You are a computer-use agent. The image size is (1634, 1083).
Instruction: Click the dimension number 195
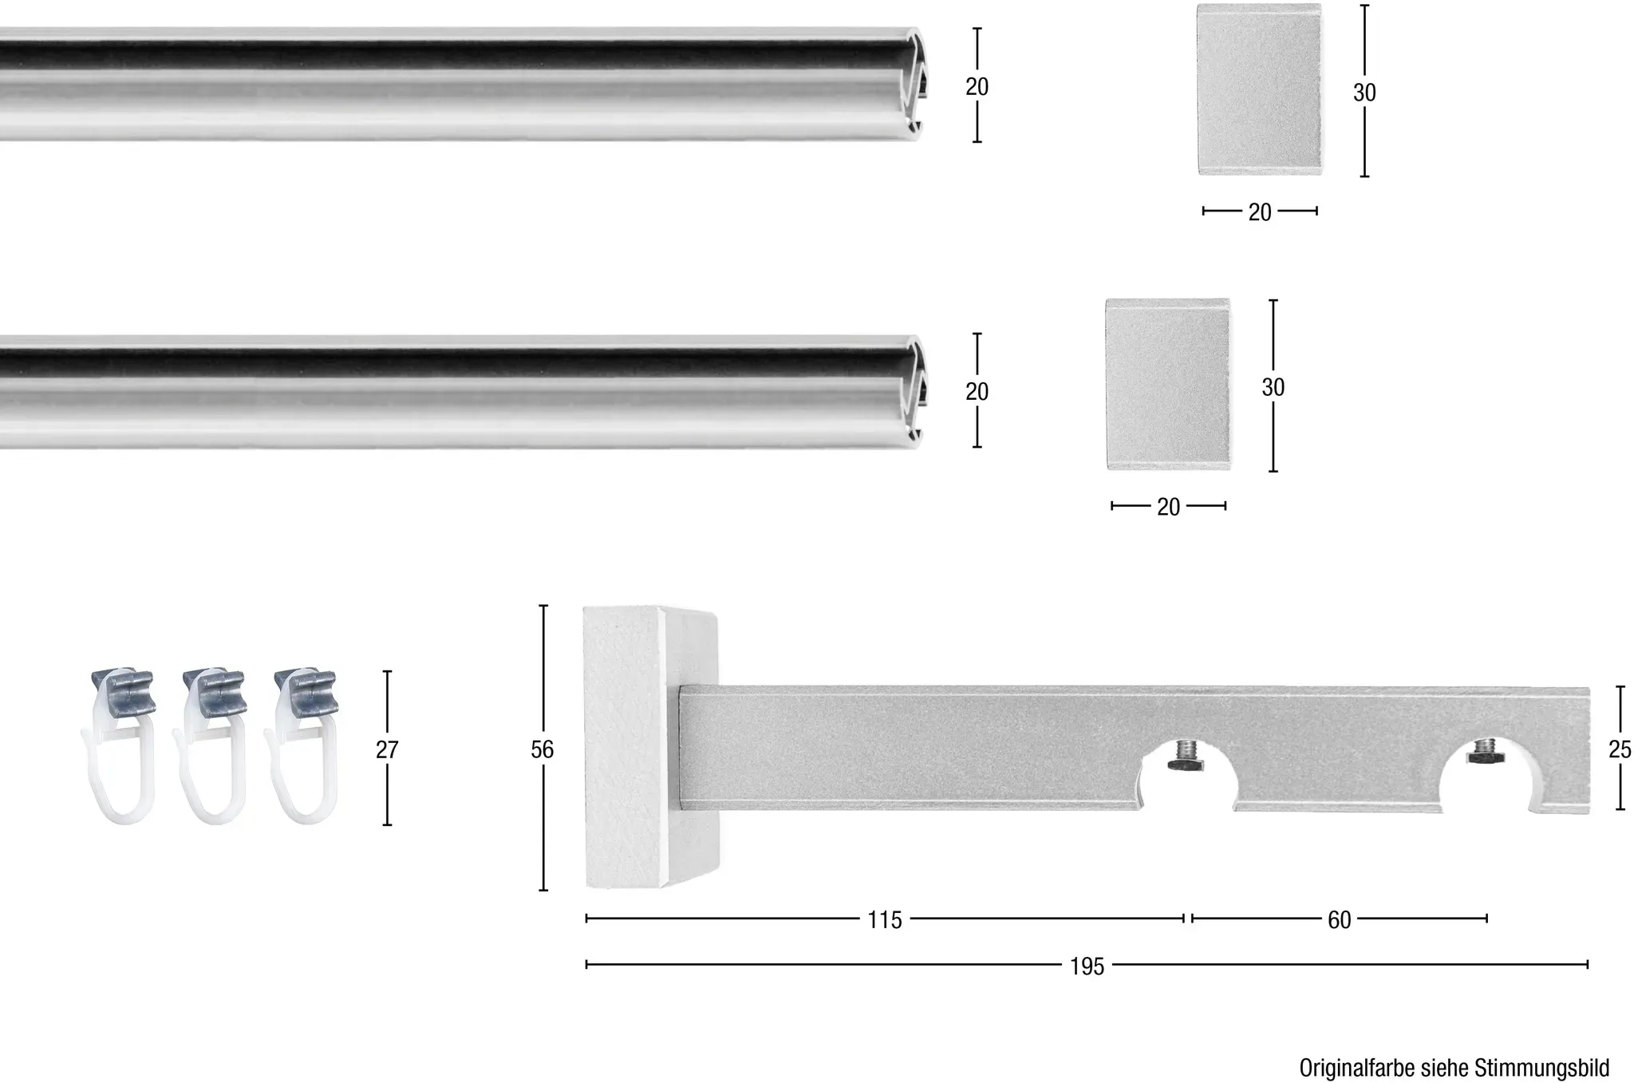[x=1087, y=966]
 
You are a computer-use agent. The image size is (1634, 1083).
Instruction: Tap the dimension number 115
[x=885, y=920]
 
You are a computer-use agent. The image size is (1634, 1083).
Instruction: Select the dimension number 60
[x=1340, y=920]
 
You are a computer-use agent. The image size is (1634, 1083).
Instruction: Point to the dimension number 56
[x=542, y=749]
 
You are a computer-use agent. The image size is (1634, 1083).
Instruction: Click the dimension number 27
[x=387, y=749]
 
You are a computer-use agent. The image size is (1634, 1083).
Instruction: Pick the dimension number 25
[x=1620, y=749]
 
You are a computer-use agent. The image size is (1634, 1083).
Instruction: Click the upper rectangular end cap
[x=1259, y=89]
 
